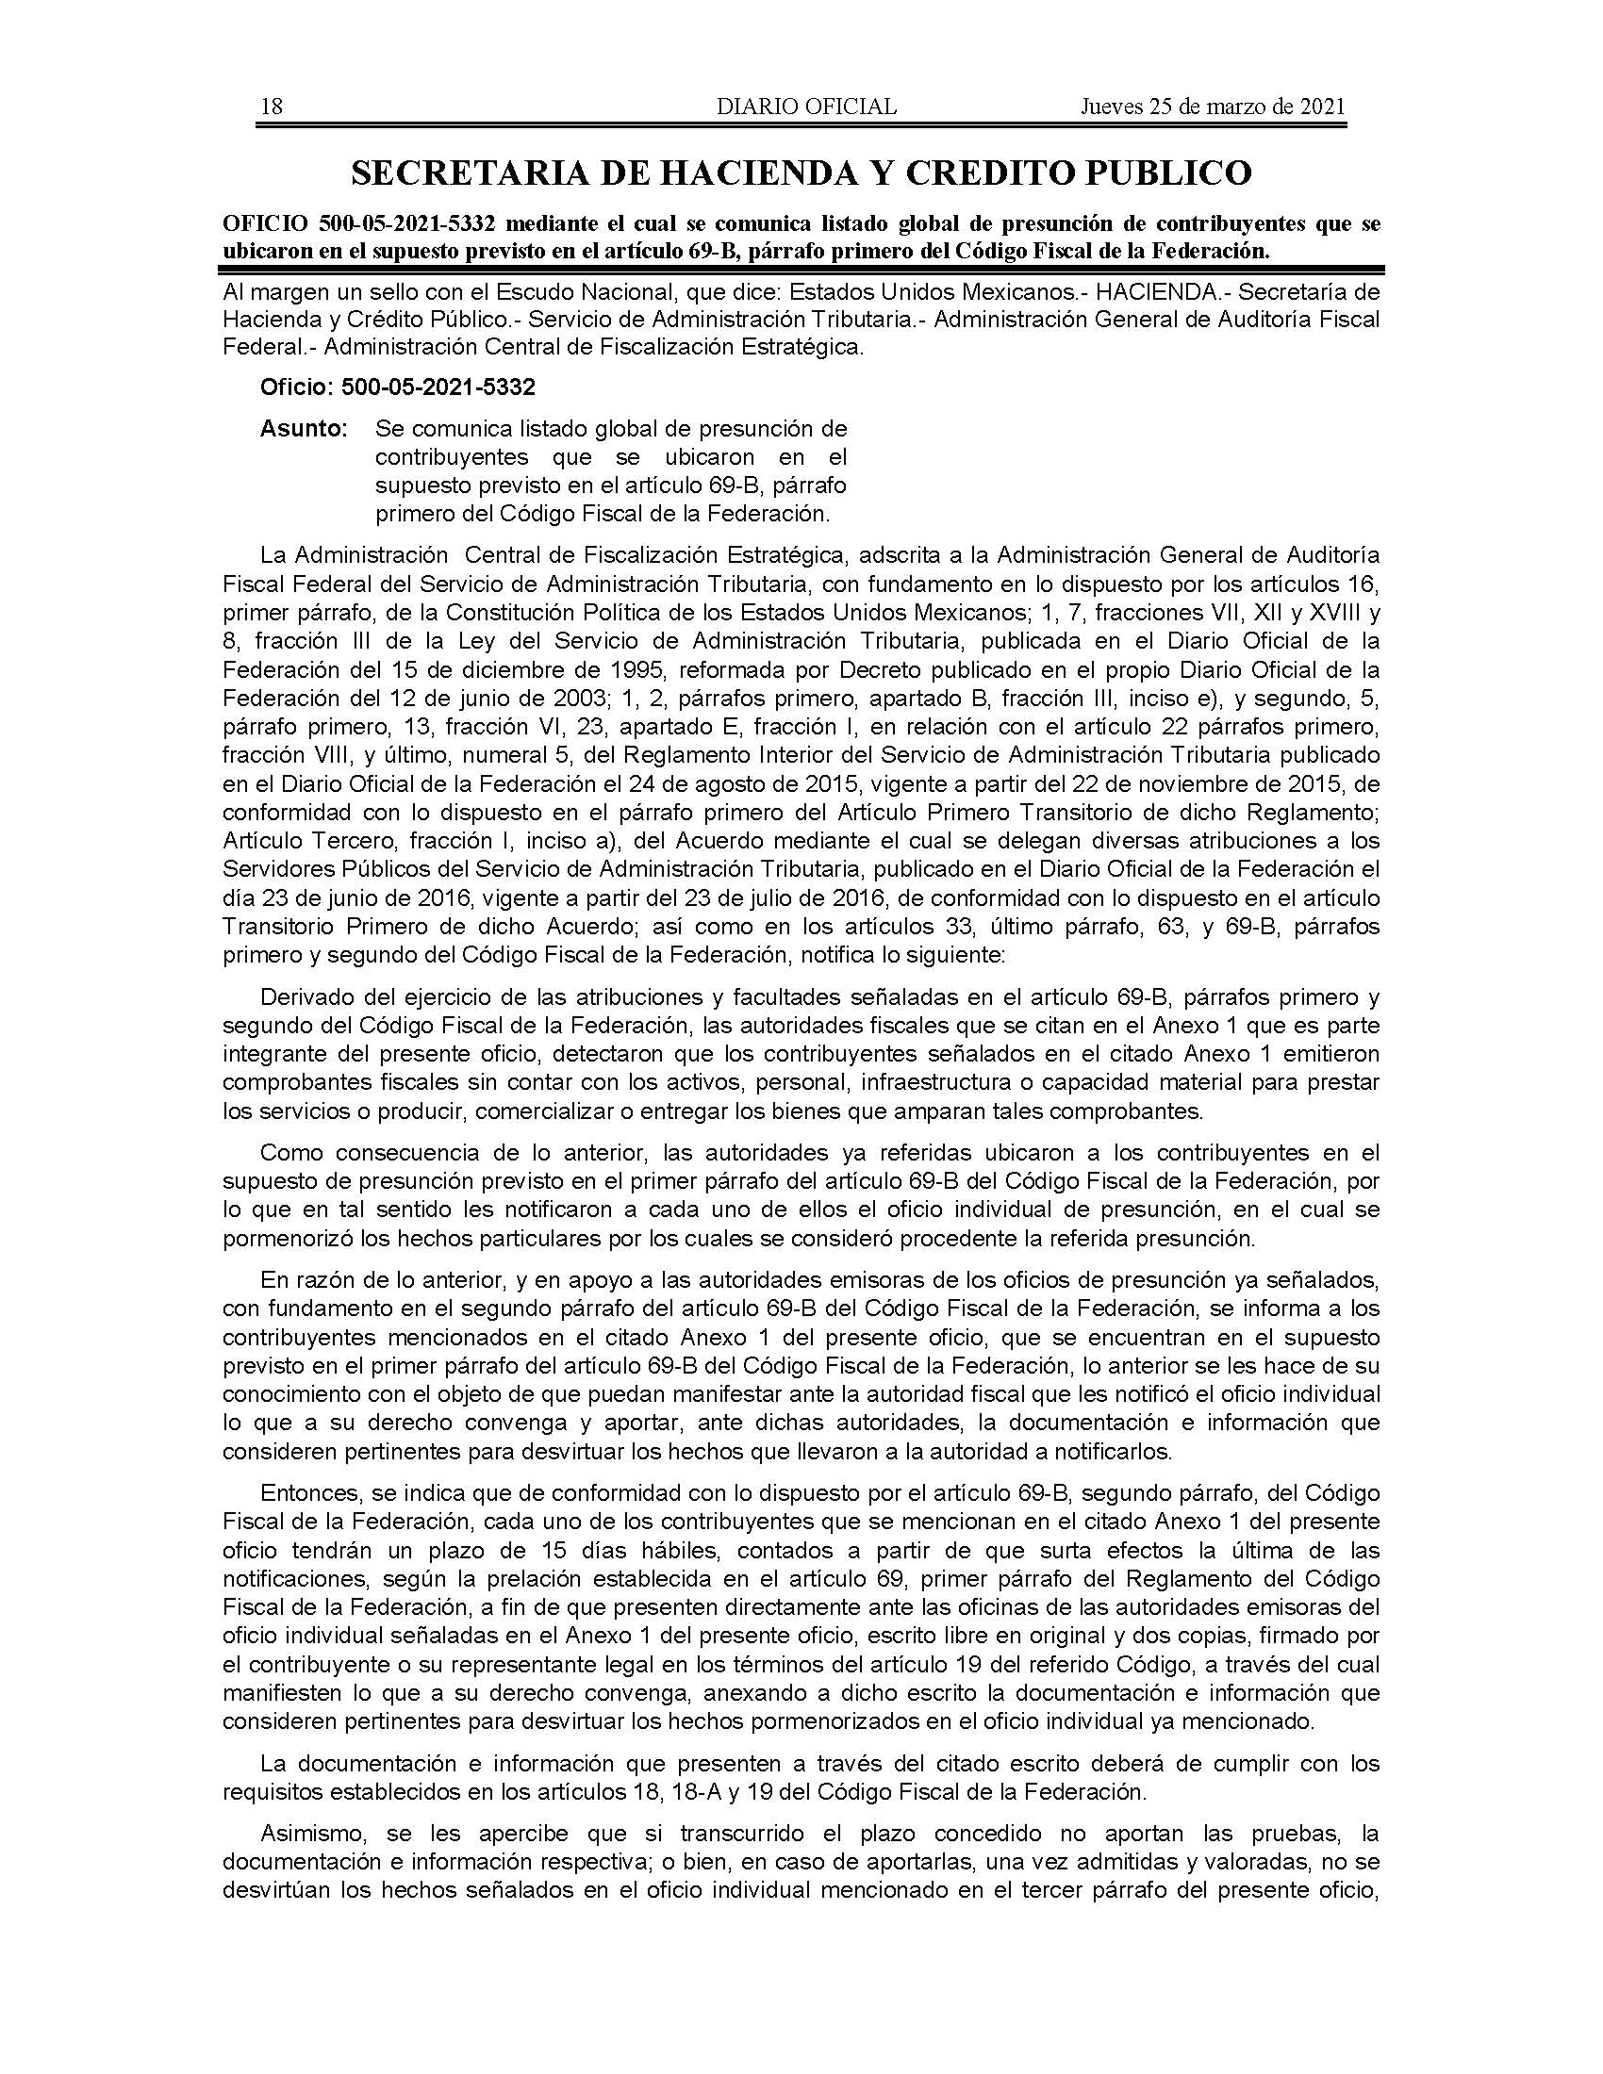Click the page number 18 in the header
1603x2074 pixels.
[272, 107]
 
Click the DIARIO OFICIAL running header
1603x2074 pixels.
[806, 107]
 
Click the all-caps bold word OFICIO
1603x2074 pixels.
[265, 224]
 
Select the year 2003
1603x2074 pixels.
[569, 698]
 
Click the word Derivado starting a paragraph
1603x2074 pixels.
[305, 997]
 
